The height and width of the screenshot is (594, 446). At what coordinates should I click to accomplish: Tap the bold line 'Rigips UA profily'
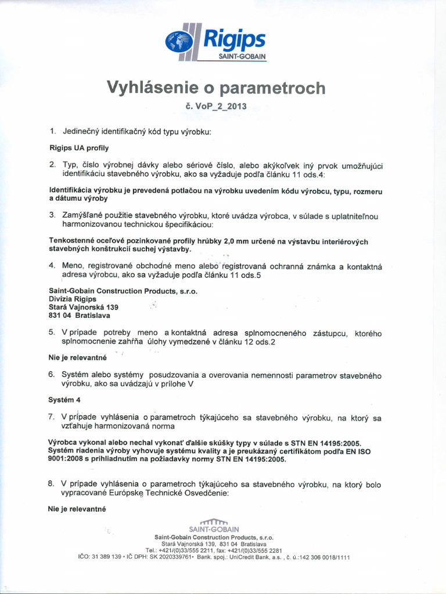[79, 148]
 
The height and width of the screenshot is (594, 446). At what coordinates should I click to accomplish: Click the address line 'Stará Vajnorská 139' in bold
[83, 307]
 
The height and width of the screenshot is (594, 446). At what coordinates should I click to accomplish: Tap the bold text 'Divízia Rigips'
[73, 298]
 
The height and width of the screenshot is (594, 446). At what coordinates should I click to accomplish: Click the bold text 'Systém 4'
[65, 400]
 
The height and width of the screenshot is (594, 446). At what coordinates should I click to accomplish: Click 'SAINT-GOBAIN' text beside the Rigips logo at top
[242, 56]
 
